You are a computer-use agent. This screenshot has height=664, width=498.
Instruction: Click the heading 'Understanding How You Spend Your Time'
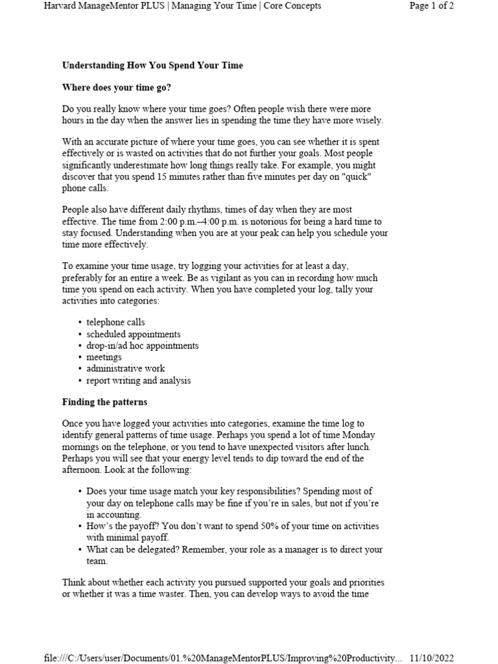click(152, 65)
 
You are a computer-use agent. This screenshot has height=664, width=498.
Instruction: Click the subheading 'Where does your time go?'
click(116, 86)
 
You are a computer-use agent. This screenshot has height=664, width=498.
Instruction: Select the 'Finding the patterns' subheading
click(104, 402)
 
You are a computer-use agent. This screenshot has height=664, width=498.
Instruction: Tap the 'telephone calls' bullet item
click(115, 322)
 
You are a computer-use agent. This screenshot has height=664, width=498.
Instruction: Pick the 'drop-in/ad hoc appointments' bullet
click(142, 346)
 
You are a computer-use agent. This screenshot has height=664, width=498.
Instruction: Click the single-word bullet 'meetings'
click(104, 357)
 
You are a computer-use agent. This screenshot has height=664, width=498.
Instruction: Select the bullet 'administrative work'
click(125, 369)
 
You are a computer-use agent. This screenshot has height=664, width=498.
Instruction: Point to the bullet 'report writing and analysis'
click(138, 381)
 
